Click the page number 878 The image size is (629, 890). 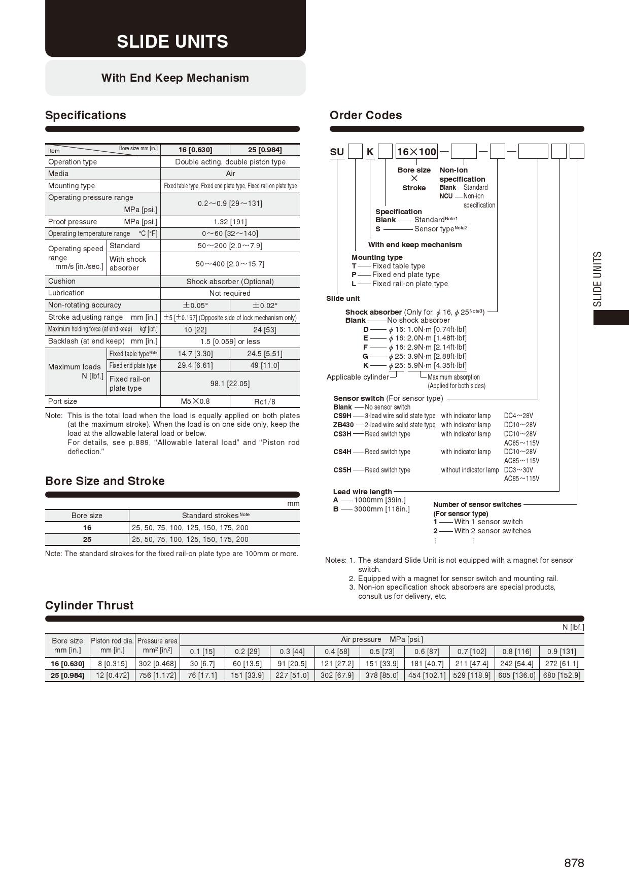click(x=574, y=863)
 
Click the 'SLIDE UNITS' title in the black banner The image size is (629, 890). click(x=172, y=42)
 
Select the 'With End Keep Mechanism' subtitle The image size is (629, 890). click(x=175, y=78)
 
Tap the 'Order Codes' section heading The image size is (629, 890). click(x=366, y=115)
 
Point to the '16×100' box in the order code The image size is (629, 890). click(x=416, y=152)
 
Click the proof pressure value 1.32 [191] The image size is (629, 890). click(x=230, y=222)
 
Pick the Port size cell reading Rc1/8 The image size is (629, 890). click(x=264, y=401)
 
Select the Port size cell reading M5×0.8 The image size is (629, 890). click(x=195, y=401)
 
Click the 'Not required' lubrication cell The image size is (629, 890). click(x=230, y=293)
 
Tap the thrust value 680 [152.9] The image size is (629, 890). click(x=561, y=675)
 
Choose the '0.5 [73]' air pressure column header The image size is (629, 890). click(x=382, y=652)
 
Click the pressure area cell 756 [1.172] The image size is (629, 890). click(x=157, y=675)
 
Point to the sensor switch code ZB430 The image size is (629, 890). click(x=343, y=425)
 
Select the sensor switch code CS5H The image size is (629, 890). click(x=342, y=470)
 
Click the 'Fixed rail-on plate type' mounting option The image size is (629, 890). click(x=410, y=284)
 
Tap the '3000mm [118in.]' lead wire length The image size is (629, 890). click(x=381, y=509)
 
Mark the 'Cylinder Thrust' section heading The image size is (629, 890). click(x=89, y=605)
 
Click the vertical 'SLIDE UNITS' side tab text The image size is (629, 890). click(x=598, y=279)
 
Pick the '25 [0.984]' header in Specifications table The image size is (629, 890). click(x=264, y=150)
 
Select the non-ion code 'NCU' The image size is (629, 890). click(x=446, y=196)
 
